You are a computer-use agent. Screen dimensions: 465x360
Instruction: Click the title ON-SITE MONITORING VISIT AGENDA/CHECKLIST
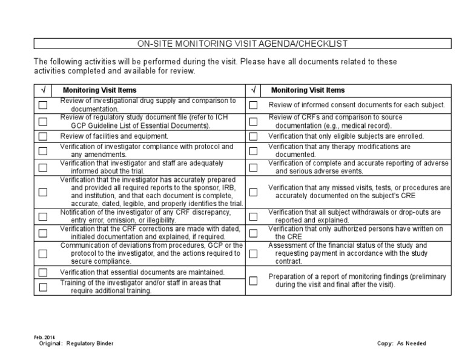242,44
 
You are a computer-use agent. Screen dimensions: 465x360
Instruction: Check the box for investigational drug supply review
43,105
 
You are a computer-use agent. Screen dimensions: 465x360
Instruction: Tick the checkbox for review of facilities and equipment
43,136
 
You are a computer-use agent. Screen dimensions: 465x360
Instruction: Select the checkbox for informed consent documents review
254,105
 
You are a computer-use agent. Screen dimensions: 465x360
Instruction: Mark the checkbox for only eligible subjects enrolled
254,136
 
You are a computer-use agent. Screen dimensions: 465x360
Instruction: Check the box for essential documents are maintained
43,273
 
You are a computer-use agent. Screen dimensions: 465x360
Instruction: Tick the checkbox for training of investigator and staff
43,287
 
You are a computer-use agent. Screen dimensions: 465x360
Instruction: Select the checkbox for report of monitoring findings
254,281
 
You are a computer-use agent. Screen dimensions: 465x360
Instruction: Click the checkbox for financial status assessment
254,254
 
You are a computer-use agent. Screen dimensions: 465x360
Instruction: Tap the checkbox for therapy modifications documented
254,151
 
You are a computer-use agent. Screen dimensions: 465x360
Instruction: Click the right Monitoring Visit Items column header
308,90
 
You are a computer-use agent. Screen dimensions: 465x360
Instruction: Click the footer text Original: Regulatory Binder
75,343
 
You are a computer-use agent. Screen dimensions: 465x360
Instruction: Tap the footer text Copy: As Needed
401,343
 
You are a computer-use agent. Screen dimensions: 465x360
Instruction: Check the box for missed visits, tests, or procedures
254,192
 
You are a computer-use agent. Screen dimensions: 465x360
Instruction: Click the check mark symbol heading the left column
43,90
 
